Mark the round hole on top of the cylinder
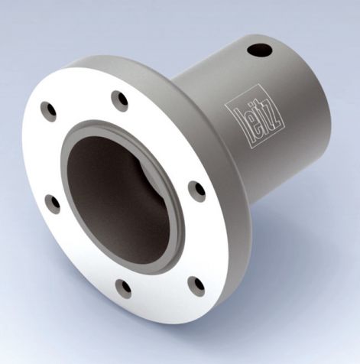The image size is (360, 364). coord(259,50)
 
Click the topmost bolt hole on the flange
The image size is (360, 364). coord(119,100)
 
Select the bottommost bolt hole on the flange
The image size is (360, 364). coord(122,288)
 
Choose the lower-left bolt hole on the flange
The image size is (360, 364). coord(52,203)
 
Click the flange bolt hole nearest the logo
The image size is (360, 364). coord(196,190)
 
